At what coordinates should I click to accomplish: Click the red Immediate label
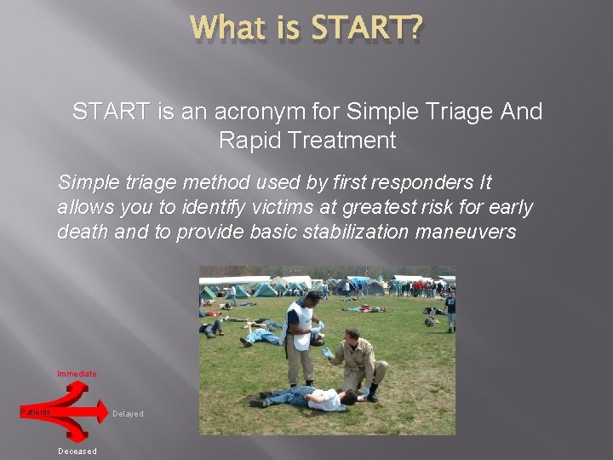pos(77,374)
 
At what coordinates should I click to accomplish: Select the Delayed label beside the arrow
pos(128,414)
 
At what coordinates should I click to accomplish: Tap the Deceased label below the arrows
pos(77,451)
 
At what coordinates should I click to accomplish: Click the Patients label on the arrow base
pos(36,412)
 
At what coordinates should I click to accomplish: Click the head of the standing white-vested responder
pos(311,299)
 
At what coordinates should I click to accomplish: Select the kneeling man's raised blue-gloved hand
pos(327,352)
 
